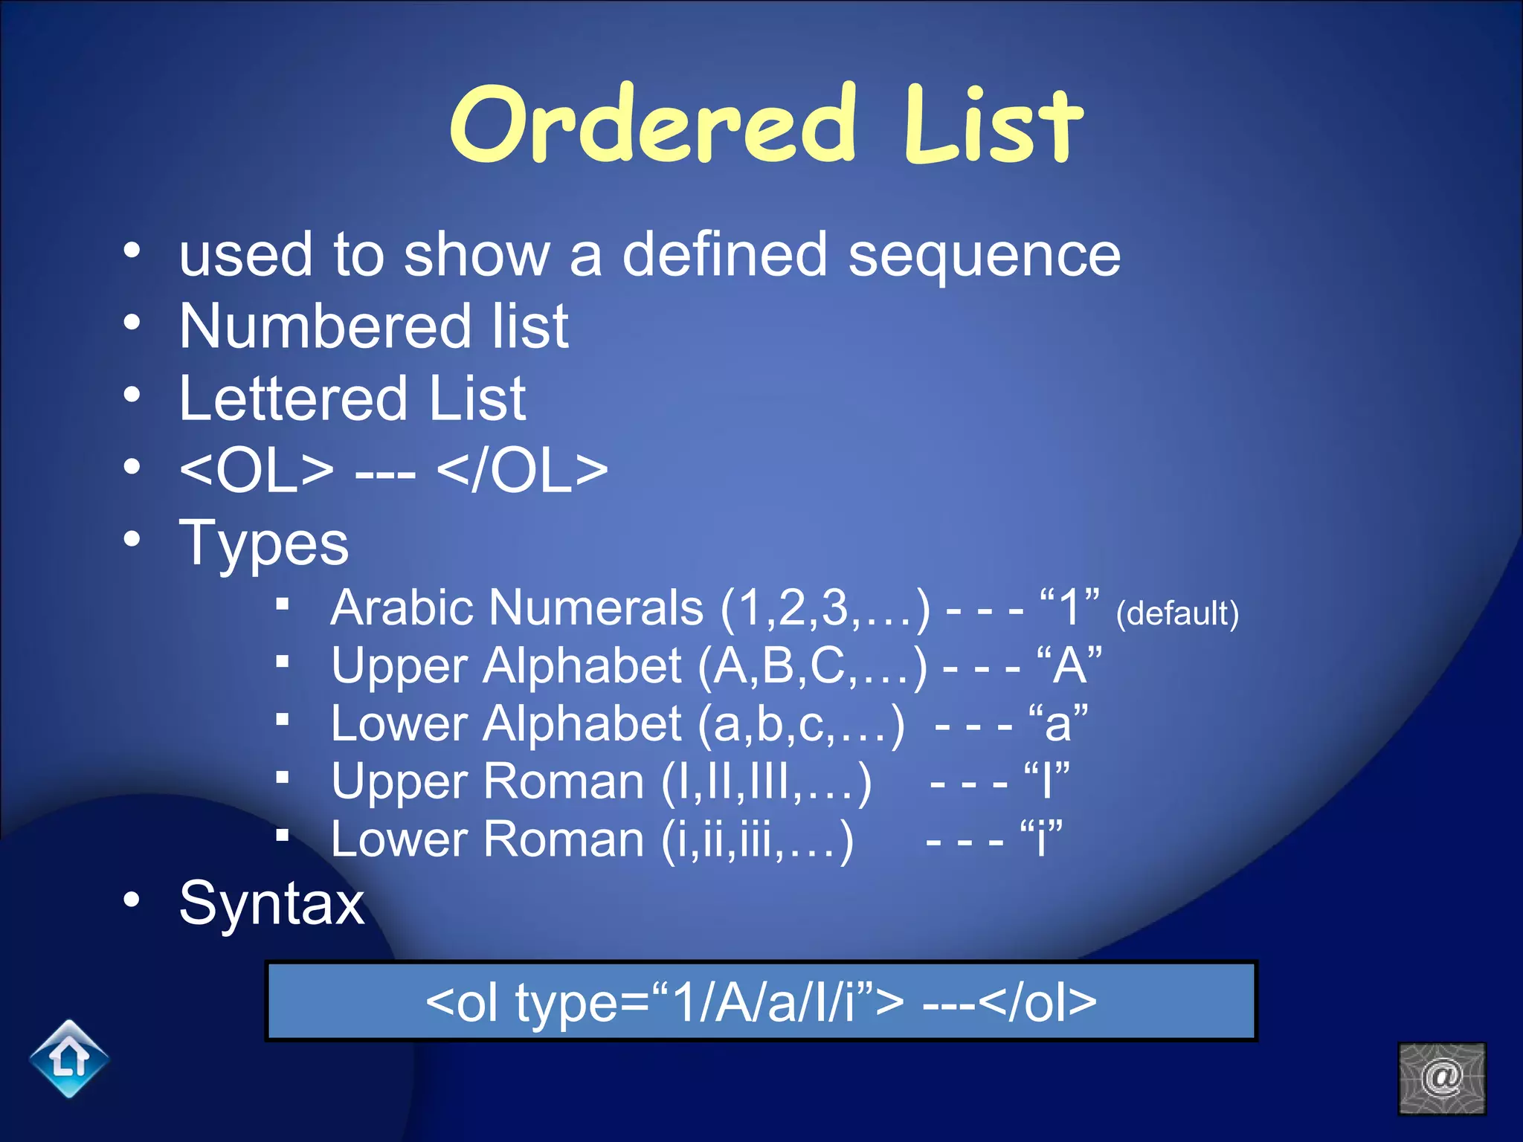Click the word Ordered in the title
[653, 124]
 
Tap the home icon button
[69, 1058]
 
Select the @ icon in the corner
[1441, 1078]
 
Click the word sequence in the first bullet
[984, 255]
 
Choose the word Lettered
[293, 399]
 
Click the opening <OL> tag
[257, 471]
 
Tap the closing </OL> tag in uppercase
[523, 471]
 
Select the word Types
[264, 543]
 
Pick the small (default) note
[1177, 614]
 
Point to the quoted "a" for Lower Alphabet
[1058, 723]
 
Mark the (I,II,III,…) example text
[766, 782]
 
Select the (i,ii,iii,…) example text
[757, 840]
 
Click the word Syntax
[271, 904]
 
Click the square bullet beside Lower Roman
[282, 835]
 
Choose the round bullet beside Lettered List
[132, 395]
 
